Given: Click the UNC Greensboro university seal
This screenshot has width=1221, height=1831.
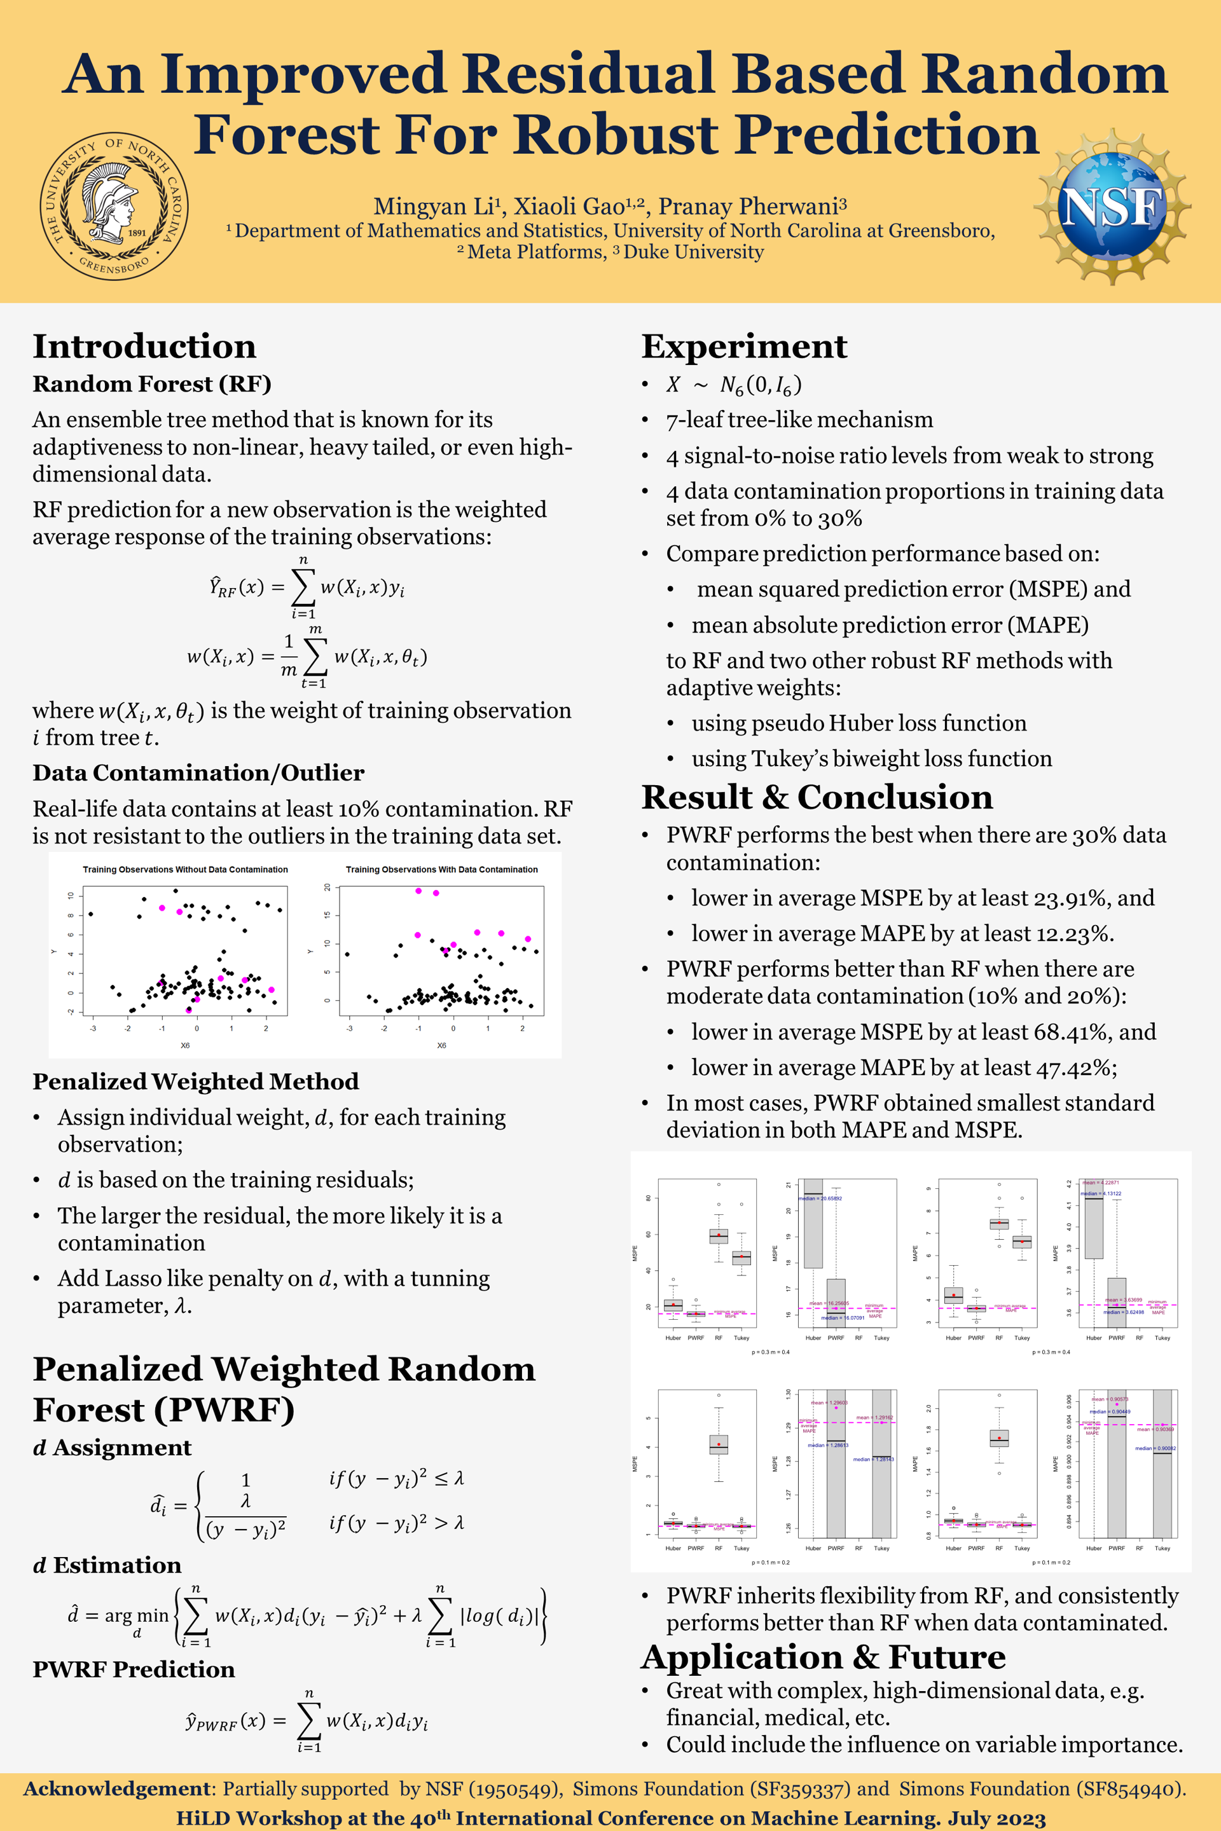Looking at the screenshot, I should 114,206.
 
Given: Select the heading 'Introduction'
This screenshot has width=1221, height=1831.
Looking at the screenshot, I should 144,346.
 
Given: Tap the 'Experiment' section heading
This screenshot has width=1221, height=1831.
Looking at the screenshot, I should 743,346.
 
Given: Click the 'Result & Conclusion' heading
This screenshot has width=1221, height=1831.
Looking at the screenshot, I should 817,797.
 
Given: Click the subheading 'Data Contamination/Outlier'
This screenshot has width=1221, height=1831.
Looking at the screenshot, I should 198,772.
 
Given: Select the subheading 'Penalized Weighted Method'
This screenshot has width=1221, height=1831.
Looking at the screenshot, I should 195,1081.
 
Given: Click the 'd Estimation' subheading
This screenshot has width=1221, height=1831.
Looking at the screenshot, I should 107,1565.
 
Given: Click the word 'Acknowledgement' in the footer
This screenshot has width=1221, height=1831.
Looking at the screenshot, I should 117,1788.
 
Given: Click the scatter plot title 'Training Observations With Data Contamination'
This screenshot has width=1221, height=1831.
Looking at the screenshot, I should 441,870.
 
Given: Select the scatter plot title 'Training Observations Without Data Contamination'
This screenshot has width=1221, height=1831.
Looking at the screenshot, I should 185,870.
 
